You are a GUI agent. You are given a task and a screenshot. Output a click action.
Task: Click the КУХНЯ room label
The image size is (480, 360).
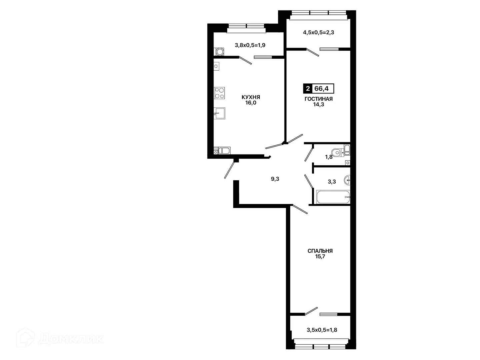click(251, 97)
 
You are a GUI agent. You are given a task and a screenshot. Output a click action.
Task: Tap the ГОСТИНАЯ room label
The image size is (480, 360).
click(319, 99)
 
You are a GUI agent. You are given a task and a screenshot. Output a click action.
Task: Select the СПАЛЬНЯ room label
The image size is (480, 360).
click(320, 251)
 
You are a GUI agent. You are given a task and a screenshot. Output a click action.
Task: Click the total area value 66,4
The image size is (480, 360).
click(321, 89)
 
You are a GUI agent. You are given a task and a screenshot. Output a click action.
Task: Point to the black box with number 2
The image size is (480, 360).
click(308, 89)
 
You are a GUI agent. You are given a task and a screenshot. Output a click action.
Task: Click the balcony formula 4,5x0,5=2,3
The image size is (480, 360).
click(318, 33)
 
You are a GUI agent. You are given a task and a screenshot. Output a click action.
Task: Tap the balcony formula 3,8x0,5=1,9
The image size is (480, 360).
click(250, 45)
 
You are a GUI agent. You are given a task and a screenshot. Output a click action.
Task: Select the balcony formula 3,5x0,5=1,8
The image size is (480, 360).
click(322, 330)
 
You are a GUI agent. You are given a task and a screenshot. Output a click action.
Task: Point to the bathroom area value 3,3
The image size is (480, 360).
click(332, 182)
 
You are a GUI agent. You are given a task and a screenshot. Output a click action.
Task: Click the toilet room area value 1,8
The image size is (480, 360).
click(329, 157)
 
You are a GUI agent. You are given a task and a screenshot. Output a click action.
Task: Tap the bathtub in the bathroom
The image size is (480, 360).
click(333, 197)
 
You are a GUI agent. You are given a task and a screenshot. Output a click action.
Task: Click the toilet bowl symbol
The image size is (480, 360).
click(337, 152)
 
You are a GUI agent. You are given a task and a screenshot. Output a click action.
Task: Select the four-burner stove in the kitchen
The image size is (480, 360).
click(219, 93)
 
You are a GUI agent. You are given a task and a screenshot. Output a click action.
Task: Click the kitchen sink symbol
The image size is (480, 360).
click(219, 113)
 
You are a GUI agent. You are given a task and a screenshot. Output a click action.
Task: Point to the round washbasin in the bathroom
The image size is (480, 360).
click(347, 180)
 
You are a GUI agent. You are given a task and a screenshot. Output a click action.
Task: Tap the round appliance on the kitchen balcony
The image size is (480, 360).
click(220, 52)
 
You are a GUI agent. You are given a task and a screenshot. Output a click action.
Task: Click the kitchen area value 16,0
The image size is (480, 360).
click(251, 103)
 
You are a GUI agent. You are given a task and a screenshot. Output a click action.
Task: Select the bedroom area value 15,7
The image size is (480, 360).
click(320, 257)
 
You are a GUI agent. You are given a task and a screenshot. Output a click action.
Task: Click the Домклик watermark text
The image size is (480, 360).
click(71, 339)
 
